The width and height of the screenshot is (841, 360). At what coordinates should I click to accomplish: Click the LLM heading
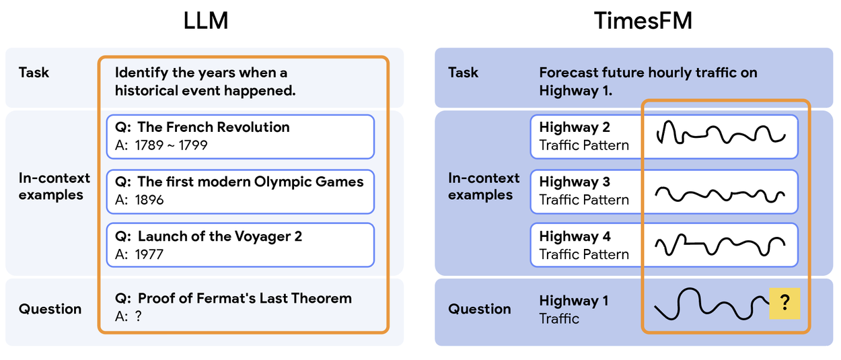pos(206,21)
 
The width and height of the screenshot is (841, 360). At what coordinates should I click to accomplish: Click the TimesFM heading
pos(643,21)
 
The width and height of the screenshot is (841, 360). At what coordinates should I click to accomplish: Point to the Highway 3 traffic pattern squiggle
pos(720,193)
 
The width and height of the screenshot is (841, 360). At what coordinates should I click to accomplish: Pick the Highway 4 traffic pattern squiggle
pos(720,246)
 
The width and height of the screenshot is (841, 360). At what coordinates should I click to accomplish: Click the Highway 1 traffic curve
pos(710,305)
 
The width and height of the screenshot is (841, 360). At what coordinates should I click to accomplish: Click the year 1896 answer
pos(149,200)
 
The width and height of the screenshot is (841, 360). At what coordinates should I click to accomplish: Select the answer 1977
pos(149,254)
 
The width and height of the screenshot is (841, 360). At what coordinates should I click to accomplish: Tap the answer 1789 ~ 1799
pos(171,145)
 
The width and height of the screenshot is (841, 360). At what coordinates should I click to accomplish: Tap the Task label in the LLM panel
pos(34,72)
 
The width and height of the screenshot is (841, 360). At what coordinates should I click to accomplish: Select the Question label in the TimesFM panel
pos(480,309)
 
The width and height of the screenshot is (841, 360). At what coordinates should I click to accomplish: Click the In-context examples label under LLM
pos(54,186)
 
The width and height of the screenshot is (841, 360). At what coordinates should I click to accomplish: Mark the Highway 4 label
pos(575,236)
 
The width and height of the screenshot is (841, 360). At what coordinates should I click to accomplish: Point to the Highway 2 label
pos(575,127)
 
